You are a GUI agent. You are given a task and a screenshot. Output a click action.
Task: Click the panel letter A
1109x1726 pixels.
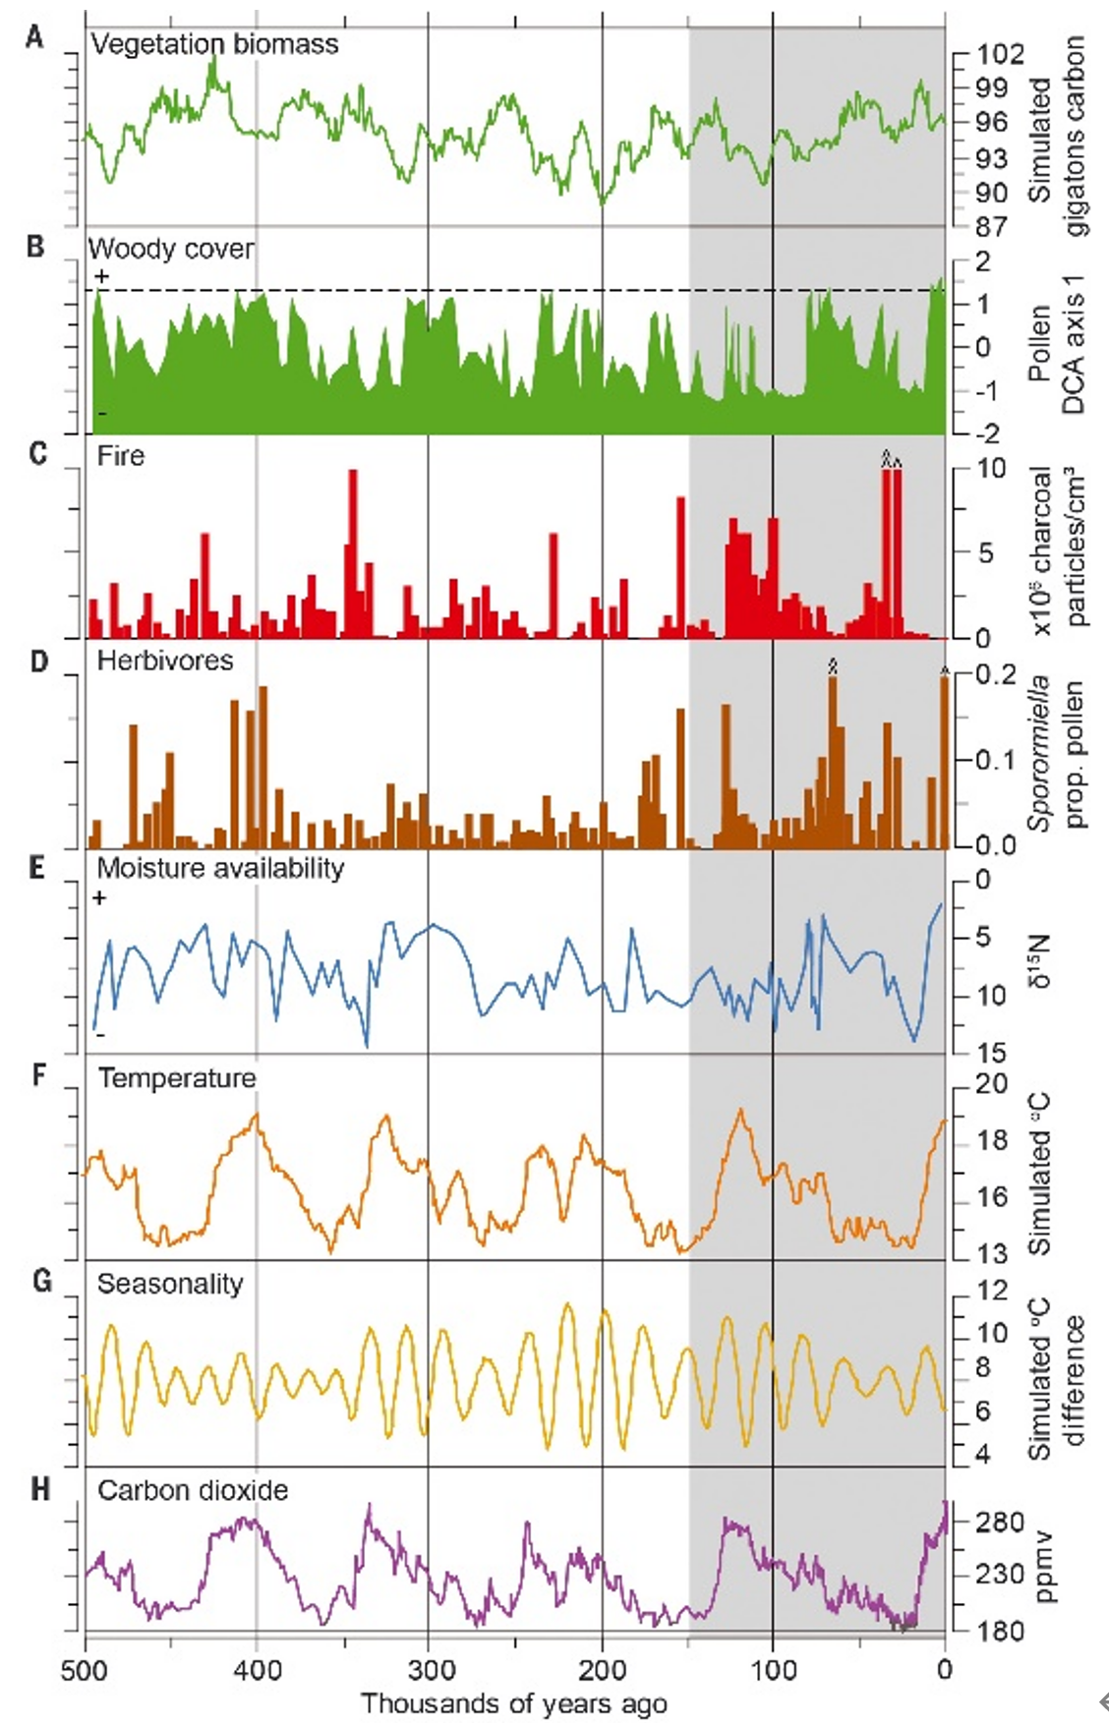(35, 38)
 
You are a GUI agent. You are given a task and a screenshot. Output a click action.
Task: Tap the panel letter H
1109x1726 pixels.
(39, 1490)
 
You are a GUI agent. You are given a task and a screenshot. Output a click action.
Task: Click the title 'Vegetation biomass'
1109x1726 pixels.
(214, 44)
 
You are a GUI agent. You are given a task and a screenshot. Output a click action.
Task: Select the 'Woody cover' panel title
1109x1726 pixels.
(171, 250)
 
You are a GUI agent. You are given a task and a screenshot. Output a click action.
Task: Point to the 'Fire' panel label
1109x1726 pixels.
(121, 456)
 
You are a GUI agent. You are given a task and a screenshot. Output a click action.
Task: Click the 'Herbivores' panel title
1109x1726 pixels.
(165, 661)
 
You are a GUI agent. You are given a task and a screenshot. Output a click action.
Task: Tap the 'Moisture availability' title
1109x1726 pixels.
(220, 869)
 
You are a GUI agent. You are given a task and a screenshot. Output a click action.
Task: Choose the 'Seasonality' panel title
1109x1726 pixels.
(169, 1284)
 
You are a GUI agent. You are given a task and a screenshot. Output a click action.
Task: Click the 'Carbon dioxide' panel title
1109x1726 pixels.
(193, 1490)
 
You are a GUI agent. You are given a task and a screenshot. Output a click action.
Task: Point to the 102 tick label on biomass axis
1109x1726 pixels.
(1000, 54)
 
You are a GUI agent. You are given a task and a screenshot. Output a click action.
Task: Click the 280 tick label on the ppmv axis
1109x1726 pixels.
(1000, 1523)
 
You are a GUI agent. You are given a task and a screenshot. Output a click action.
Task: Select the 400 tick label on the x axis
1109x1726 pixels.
(257, 1670)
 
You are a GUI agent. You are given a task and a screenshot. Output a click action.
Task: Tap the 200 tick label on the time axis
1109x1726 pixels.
(602, 1670)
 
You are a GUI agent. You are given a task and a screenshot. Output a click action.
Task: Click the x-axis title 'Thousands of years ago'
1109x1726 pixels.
(514, 1703)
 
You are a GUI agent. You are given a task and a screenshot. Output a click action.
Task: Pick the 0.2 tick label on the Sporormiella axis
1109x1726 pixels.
(995, 674)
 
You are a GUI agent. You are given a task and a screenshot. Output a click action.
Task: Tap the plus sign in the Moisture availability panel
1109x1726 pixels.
(100, 897)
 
